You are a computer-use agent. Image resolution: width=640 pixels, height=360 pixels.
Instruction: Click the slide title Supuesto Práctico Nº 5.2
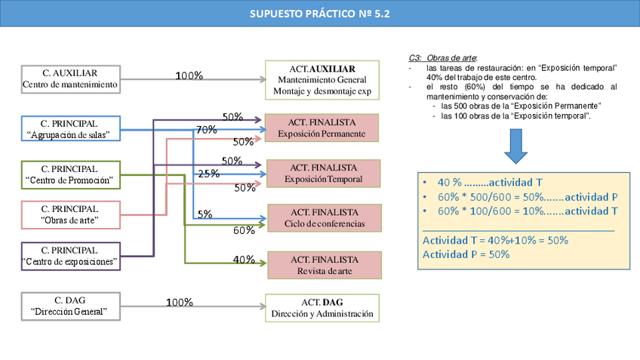click(x=320, y=14)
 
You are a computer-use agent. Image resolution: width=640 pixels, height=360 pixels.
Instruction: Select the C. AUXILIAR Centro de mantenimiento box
click(x=70, y=79)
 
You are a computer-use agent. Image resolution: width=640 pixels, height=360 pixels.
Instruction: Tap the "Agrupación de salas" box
click(x=70, y=129)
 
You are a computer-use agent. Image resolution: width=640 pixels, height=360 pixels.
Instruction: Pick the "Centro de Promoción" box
click(x=70, y=174)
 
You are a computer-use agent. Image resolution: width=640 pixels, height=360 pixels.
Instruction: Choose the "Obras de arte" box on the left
click(x=70, y=215)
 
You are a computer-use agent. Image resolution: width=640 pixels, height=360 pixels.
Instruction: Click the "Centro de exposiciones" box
click(x=70, y=256)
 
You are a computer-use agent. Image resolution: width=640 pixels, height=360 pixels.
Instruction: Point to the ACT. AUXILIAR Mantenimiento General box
click(x=322, y=80)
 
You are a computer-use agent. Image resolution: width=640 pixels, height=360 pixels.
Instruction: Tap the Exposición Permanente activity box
click(x=322, y=128)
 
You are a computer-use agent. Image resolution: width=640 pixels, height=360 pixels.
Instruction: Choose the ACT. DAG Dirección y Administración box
click(x=322, y=308)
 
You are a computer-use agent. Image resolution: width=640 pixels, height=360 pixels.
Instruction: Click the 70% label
click(x=207, y=130)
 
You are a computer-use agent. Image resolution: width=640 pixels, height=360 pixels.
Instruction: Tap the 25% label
click(x=209, y=174)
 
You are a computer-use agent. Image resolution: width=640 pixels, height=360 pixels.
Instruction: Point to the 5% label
click(x=205, y=214)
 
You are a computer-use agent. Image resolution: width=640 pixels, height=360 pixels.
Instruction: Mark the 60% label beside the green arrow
click(x=244, y=230)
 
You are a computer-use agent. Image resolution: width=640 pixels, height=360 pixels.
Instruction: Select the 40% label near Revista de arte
click(x=244, y=260)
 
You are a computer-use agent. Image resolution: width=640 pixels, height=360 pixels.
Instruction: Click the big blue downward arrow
click(x=516, y=146)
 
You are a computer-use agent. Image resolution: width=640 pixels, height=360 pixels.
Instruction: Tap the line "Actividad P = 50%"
click(x=466, y=254)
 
